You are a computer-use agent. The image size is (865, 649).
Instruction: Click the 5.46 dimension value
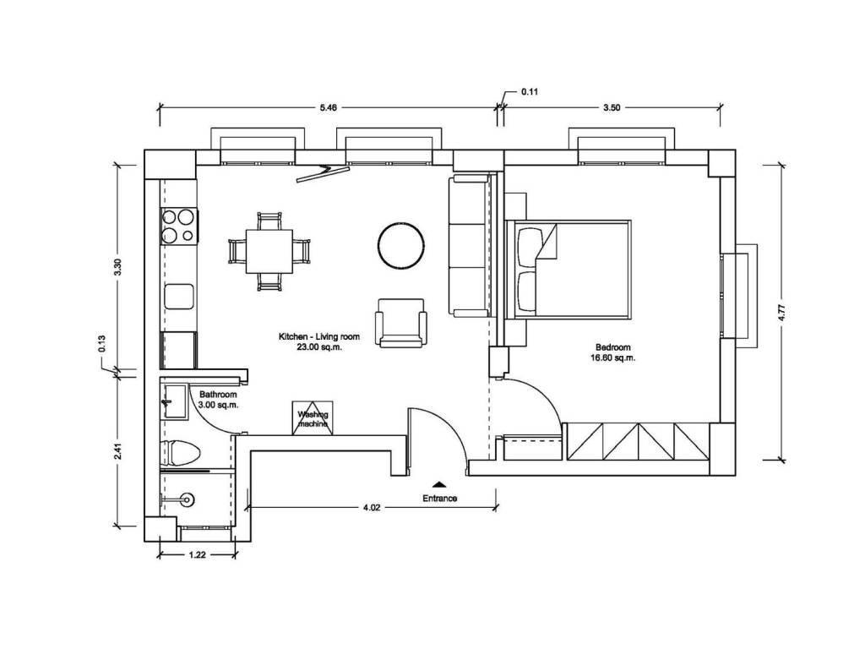click(329, 107)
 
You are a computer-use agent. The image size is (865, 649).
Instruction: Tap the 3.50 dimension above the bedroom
click(612, 107)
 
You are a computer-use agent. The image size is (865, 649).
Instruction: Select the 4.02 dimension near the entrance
click(372, 508)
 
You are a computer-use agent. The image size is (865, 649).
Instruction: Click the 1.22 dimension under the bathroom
click(197, 555)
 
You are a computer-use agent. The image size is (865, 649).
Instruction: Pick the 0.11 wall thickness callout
click(529, 91)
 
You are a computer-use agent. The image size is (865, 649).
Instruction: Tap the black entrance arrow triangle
click(439, 484)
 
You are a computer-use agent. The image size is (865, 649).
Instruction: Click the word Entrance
click(439, 498)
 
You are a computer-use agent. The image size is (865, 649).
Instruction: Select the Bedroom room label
click(613, 347)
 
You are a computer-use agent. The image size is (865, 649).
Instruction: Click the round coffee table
click(401, 244)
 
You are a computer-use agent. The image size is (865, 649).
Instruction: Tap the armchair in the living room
click(401, 323)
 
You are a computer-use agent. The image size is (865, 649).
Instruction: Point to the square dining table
click(269, 251)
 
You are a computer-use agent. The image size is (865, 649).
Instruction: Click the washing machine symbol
click(313, 418)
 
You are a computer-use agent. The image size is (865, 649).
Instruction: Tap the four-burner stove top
click(178, 226)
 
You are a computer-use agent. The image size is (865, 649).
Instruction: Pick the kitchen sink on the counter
click(179, 297)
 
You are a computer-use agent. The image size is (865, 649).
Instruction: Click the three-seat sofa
click(470, 246)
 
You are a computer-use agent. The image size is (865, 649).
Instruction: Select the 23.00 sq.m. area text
click(319, 347)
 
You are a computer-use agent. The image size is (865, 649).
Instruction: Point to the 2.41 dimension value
click(117, 451)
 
